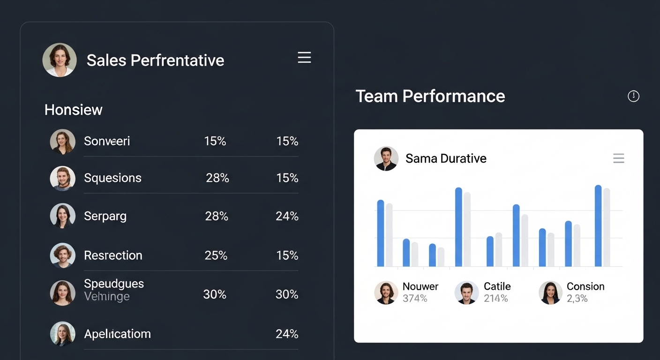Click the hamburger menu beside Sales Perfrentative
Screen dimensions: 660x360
coord(304,58)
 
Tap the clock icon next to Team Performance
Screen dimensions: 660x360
coord(633,96)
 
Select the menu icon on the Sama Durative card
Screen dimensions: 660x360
coord(618,158)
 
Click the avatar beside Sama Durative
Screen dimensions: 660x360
coord(386,158)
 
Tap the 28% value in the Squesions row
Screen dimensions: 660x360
coord(217,178)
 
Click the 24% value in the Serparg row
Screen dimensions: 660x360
coord(287,216)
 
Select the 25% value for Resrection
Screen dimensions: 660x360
coord(216,255)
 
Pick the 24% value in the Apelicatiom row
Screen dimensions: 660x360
coord(287,334)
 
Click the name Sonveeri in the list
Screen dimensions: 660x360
coord(107,141)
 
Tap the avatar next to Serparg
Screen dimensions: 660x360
coord(62,216)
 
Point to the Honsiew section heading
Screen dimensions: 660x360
coord(74,110)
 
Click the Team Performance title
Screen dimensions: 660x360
coord(430,96)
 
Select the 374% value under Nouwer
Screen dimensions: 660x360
coord(415,299)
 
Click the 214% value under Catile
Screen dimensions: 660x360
coord(496,299)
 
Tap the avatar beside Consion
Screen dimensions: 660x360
coord(550,292)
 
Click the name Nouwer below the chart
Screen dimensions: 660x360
coord(420,286)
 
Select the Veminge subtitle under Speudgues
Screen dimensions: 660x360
coord(107,296)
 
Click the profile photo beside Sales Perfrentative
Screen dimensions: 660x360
coord(60,60)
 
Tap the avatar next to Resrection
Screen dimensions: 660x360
coord(62,255)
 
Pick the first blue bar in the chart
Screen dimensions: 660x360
coord(381,233)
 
